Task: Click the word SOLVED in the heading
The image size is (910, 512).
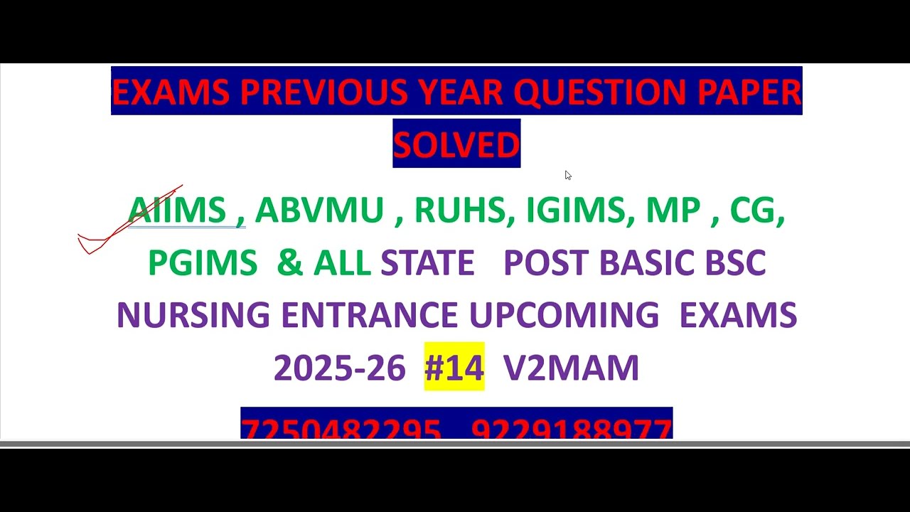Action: tap(456, 144)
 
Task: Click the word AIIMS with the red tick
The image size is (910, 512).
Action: tap(177, 210)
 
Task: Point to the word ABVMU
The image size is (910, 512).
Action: tap(319, 210)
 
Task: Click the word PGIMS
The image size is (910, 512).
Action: tap(203, 263)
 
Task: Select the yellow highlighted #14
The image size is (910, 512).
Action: tap(454, 368)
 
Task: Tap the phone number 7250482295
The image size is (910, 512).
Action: tap(341, 429)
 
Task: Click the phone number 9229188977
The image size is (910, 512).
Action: tap(571, 429)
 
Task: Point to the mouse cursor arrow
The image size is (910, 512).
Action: tap(567, 175)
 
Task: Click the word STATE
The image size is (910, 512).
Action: tap(427, 263)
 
